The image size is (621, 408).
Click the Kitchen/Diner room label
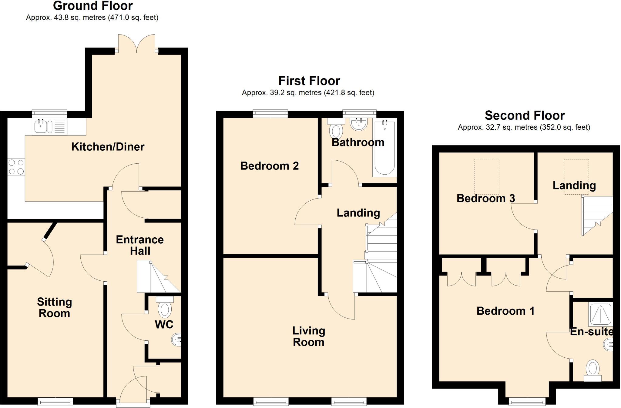108,147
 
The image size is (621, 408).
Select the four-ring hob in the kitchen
16,167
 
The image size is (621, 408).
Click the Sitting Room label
54,307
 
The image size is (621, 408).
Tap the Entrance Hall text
140,245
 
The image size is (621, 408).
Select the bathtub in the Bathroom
384,149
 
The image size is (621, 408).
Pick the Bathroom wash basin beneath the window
359,124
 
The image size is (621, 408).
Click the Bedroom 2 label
269,166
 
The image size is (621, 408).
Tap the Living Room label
308,336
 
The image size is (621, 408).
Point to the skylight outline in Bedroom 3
486,176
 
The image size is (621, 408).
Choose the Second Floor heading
524,115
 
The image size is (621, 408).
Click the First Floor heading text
309,81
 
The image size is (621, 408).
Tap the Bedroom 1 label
505,311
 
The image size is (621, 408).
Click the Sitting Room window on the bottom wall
55,402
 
